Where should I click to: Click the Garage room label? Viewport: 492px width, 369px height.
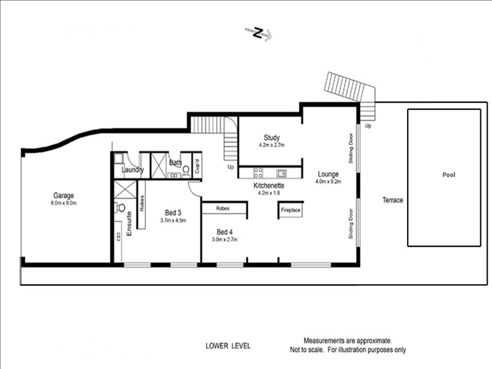63,196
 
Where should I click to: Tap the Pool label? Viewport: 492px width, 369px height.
449,175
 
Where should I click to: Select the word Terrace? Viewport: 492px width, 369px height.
392,200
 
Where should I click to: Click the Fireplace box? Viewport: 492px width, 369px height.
290,210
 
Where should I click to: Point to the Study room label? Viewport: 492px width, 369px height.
272,137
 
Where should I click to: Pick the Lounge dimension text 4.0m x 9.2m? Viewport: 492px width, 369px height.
328,181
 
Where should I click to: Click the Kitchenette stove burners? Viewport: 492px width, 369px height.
258,173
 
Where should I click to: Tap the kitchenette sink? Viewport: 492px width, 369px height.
281,173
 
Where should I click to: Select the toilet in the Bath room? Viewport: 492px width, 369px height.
186,171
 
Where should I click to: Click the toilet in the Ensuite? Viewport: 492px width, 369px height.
120,208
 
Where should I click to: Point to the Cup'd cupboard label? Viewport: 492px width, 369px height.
197,166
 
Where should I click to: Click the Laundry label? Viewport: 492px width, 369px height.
133,170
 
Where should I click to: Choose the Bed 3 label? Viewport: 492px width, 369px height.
173,213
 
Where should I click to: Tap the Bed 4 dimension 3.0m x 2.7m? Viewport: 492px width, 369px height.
224,240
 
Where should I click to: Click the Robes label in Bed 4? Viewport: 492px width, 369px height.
223,208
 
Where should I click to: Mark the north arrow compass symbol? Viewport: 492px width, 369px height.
258,33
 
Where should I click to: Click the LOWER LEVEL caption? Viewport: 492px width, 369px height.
228,346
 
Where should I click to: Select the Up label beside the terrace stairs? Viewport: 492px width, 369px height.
368,126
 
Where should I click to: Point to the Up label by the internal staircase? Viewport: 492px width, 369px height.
231,167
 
